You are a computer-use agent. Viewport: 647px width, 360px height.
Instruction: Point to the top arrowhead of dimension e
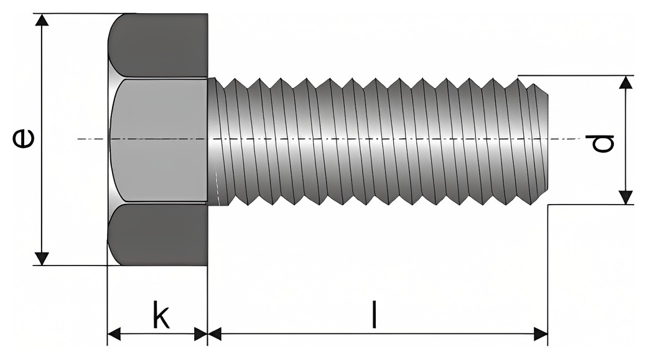[x=42, y=20]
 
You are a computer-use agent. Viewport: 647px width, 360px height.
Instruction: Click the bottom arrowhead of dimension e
[x=42, y=259]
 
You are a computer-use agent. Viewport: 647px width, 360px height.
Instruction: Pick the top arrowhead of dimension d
[x=626, y=82]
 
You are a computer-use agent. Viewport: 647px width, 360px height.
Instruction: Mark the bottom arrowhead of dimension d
[x=626, y=198]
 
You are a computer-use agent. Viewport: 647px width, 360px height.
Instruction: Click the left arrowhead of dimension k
[x=114, y=334]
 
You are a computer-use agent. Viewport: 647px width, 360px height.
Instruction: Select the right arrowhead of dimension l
[x=541, y=334]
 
